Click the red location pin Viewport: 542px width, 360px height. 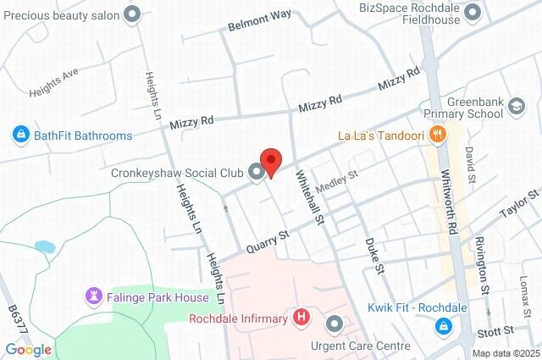(x=270, y=161)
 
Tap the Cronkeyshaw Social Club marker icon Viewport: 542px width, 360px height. (x=257, y=173)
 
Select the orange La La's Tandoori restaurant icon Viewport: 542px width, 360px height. (x=437, y=134)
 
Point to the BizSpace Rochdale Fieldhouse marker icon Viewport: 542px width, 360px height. (x=473, y=11)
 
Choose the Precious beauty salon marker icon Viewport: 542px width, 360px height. (x=131, y=13)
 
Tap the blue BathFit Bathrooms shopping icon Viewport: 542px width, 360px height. (x=19, y=135)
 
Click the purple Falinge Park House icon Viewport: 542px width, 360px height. (x=91, y=296)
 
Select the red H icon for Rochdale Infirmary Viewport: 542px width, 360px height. (x=301, y=318)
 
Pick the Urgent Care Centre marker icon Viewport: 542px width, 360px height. (x=335, y=324)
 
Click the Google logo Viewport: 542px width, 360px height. (x=28, y=349)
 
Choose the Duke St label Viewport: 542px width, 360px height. (x=375, y=252)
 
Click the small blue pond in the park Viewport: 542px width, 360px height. (x=45, y=247)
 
